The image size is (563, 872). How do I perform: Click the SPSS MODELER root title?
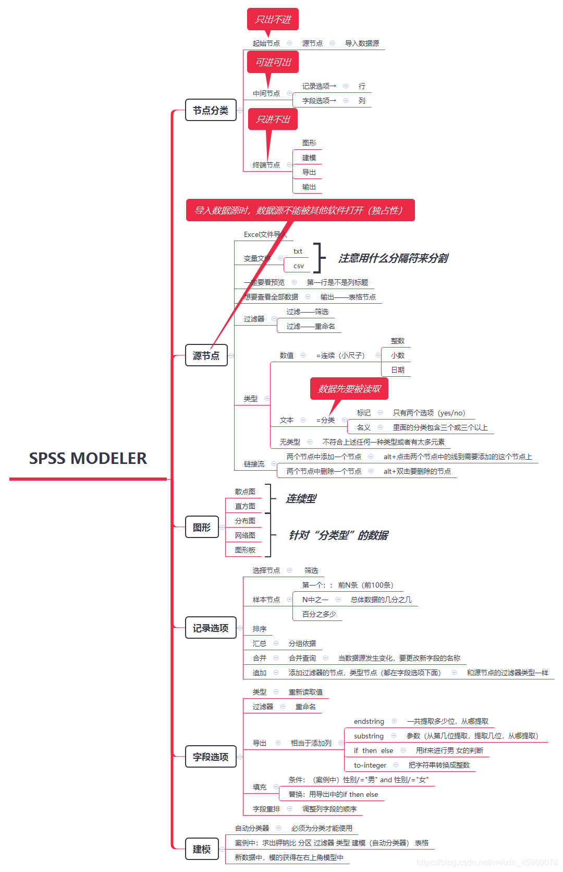[88, 458]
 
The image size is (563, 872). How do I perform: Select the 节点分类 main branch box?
[211, 110]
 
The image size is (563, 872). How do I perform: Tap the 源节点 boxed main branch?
[206, 355]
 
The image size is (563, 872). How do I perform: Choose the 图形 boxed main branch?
[202, 527]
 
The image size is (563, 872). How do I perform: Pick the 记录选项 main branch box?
[211, 628]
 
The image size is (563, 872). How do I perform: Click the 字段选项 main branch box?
[211, 757]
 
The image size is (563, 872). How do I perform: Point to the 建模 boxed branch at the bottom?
[202, 849]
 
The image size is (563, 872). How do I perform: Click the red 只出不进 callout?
[273, 19]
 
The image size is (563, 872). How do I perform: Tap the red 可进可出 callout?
[273, 62]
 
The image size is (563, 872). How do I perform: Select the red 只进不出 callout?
[273, 119]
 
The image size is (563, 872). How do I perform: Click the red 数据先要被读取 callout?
[349, 389]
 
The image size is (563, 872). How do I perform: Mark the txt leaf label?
[298, 251]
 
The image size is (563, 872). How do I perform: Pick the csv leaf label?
[298, 266]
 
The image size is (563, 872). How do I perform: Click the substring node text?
[369, 736]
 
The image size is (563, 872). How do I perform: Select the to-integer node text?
[370, 765]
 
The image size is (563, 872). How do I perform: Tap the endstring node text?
[369, 721]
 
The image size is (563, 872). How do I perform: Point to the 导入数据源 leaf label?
[362, 43]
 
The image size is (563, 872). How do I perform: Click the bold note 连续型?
[301, 498]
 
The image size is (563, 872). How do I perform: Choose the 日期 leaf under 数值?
[398, 370]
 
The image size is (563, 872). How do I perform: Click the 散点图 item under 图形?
[245, 492]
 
